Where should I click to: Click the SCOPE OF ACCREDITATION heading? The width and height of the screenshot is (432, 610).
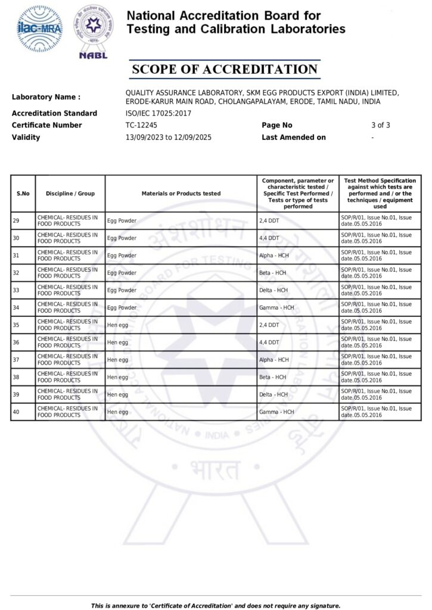pos(224,69)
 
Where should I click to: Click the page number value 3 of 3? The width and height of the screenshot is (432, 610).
pos(380,125)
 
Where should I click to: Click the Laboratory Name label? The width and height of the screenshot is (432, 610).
pos(46,97)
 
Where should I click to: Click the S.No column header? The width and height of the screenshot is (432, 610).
pos(23,194)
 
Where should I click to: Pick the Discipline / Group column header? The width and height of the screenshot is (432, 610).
pos(70,194)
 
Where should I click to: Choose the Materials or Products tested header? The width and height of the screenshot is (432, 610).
pos(181,194)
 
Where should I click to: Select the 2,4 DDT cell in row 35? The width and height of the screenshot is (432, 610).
pos(270,325)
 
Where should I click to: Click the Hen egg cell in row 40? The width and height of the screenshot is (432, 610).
pos(117,412)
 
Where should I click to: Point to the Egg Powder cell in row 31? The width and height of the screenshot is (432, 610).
pos(122,256)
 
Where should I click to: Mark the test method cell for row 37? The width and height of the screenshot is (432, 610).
pos(376,360)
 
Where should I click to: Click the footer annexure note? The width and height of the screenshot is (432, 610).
pos(216,606)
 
